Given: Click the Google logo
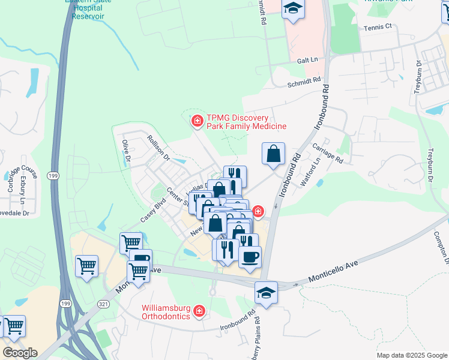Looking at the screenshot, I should [19, 352].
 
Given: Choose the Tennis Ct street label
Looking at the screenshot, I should [377, 27].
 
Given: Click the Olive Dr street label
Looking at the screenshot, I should [126, 151].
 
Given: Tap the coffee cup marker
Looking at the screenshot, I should [250, 257].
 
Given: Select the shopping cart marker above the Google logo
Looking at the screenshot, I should [14, 326].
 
